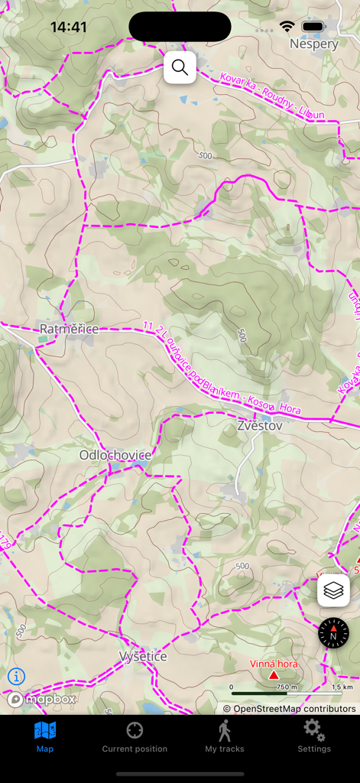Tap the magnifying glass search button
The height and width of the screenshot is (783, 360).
180,67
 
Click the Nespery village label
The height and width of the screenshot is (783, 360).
313,44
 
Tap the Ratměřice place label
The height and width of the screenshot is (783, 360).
69,329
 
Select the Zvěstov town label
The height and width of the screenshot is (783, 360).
259,425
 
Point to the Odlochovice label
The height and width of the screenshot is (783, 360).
115,455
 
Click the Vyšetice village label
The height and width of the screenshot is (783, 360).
143,657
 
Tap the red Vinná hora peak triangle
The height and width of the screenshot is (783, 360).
274,675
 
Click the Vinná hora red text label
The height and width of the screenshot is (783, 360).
274,664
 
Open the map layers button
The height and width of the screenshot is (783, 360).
334,591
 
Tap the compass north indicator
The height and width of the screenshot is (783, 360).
333,634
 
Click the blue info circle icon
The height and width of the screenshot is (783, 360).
16,676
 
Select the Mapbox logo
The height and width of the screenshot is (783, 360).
42,699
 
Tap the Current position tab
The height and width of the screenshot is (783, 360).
135,737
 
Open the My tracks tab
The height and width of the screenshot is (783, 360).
224,737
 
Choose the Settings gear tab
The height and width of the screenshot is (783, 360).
314,737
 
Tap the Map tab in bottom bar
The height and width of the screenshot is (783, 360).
45,737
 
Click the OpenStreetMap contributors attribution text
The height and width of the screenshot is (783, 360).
290,709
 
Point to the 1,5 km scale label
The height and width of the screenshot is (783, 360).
342,687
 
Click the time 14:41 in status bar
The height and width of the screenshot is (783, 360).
68,27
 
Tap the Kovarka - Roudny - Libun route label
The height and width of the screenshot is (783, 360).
271,96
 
